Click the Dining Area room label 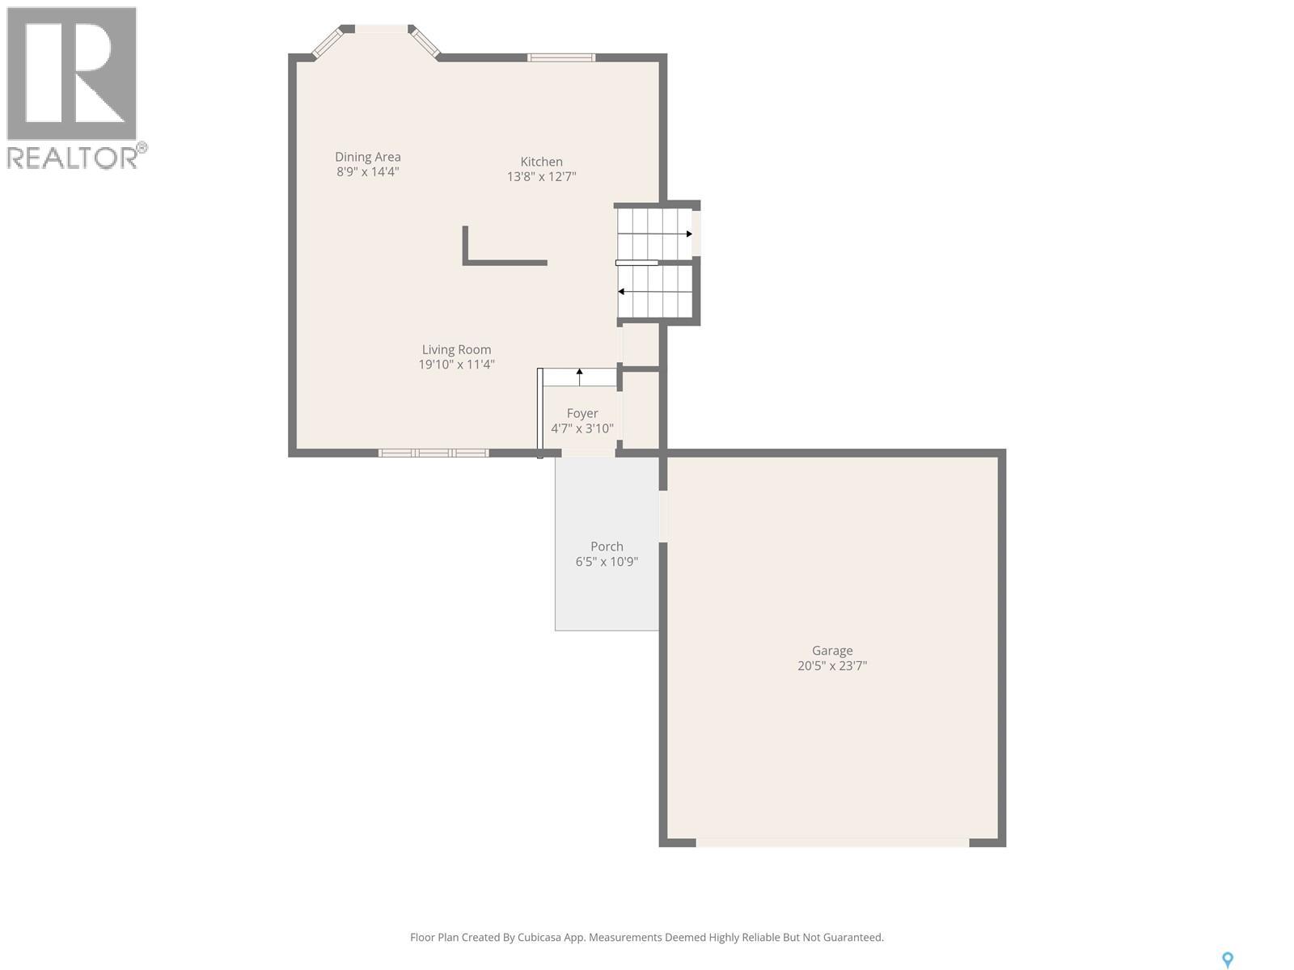click(x=368, y=157)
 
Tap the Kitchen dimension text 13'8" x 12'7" click(x=541, y=177)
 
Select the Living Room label click(x=456, y=349)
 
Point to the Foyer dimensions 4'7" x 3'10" click(x=582, y=428)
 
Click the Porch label click(x=607, y=546)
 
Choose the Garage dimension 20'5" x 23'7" click(x=832, y=666)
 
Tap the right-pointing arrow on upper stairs click(x=688, y=234)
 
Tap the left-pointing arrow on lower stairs click(x=621, y=292)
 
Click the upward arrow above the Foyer click(x=579, y=374)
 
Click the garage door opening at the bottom click(x=832, y=842)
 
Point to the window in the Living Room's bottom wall click(x=433, y=453)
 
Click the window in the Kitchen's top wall click(x=561, y=57)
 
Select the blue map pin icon click(x=1227, y=959)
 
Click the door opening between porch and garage click(x=663, y=517)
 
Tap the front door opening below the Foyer click(x=589, y=453)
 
